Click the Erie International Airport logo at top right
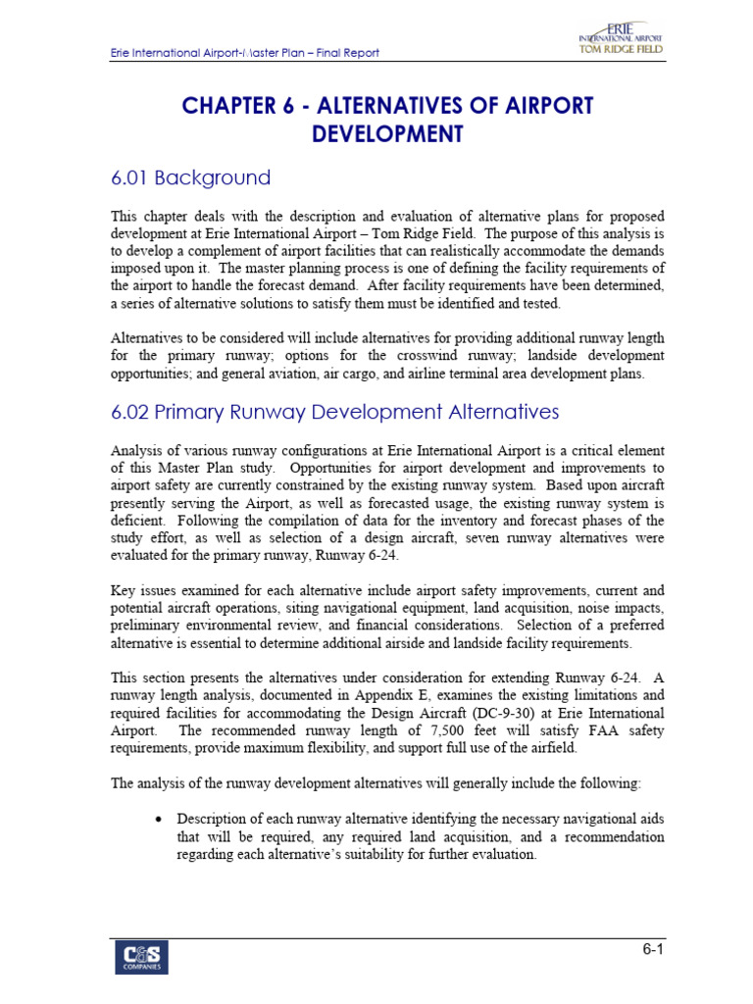(x=620, y=40)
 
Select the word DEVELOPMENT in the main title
(x=386, y=134)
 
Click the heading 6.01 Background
(x=190, y=178)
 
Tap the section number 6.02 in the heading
(x=134, y=413)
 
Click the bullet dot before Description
(x=157, y=819)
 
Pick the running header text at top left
(x=244, y=53)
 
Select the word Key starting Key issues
(x=124, y=591)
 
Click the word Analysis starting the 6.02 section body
(x=137, y=451)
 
